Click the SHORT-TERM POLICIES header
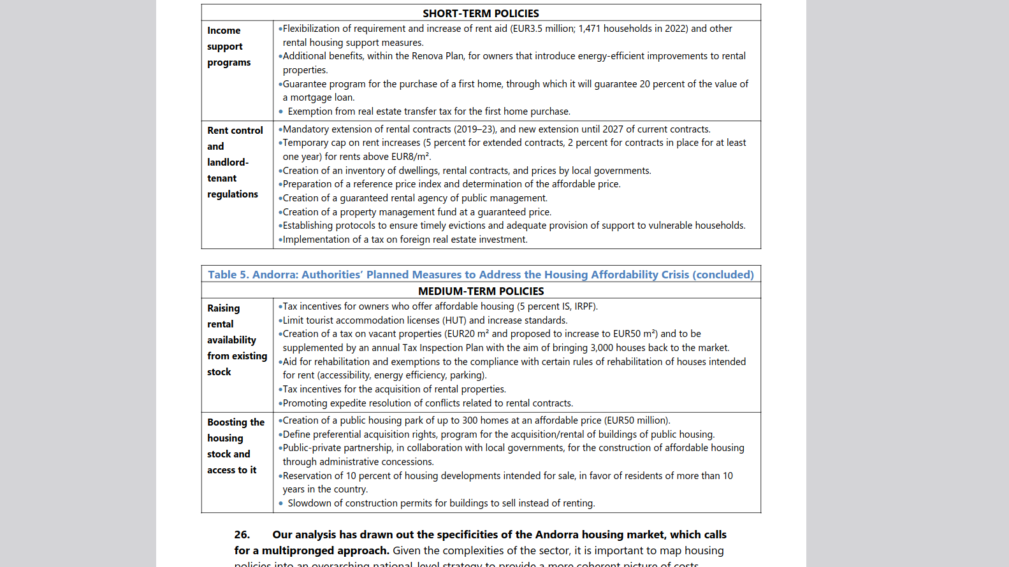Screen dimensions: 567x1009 coord(481,13)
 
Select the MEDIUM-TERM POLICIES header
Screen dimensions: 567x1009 coord(481,291)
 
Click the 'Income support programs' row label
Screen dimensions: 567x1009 coord(229,47)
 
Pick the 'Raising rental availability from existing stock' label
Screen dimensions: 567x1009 coord(236,340)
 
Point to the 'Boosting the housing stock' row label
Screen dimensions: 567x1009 coord(235,446)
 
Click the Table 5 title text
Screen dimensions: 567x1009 coord(481,275)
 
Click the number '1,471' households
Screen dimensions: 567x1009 coord(590,29)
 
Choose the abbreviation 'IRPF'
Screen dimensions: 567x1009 coord(584,306)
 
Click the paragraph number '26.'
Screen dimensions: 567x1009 coord(242,535)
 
